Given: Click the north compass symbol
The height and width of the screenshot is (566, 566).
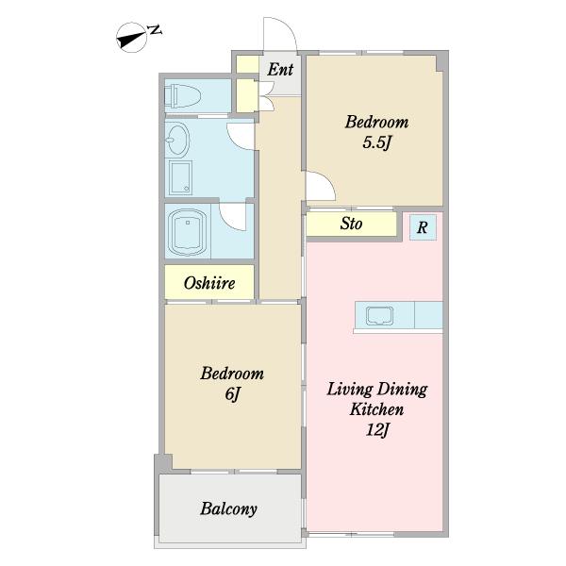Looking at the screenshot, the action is [x=131, y=38].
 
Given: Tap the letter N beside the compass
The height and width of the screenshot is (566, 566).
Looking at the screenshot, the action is [x=156, y=30].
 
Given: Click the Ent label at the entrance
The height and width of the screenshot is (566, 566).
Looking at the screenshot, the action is [x=280, y=69].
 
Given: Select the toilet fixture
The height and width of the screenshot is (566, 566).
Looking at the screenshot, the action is [x=182, y=95].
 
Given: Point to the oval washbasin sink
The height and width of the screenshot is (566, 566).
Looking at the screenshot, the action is [x=177, y=139].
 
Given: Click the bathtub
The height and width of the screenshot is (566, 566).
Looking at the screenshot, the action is [x=188, y=231].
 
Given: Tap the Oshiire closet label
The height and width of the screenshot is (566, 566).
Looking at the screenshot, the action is [x=209, y=283].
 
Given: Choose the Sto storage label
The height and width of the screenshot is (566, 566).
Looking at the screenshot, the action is [x=351, y=224].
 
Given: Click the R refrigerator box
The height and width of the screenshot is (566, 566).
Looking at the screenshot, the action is [x=423, y=227].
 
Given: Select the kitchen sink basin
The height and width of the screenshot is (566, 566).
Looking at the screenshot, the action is [x=379, y=316].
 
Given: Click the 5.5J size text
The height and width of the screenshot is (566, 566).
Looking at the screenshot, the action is [x=376, y=142].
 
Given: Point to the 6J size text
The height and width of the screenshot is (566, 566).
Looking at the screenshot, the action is [x=232, y=393].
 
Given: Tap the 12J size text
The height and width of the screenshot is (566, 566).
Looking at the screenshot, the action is [x=377, y=430].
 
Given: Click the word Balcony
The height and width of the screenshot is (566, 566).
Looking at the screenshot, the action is [x=229, y=509].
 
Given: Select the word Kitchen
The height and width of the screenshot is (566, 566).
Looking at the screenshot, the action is [x=376, y=409].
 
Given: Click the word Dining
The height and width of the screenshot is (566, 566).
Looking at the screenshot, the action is [x=403, y=390].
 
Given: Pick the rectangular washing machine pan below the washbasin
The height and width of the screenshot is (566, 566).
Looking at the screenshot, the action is [x=180, y=178].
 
